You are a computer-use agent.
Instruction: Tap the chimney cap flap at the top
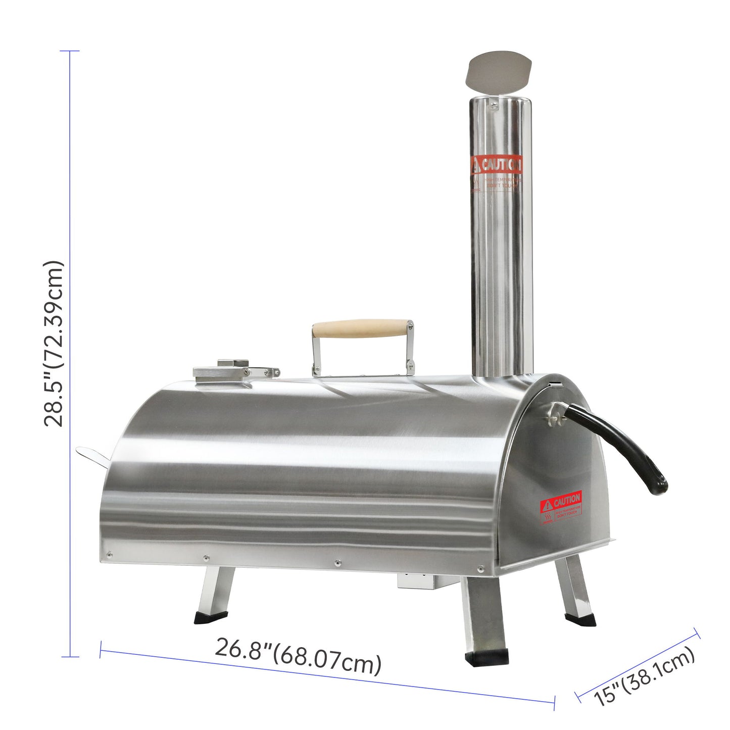[x=500, y=71]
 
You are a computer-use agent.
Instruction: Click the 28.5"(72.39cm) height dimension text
[x=54, y=344]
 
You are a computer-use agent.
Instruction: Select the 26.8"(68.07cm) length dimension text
[x=298, y=656]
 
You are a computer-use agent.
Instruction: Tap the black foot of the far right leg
[x=580, y=619]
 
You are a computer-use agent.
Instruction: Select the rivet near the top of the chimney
[x=494, y=105]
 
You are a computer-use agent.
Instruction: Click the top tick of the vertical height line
[x=70, y=51]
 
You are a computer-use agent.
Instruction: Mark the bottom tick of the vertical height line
[x=70, y=657]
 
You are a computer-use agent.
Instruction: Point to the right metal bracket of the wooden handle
[x=410, y=349]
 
